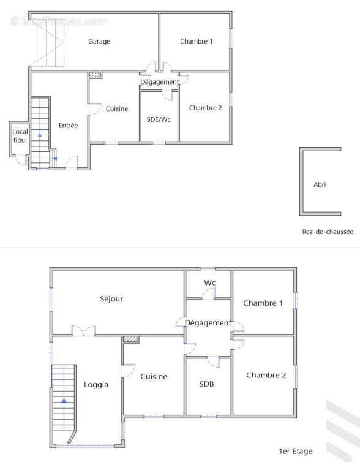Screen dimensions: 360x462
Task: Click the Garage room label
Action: (x=99, y=41)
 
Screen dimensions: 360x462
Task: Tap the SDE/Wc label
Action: (x=159, y=119)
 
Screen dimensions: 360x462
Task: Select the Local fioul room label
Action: (x=20, y=136)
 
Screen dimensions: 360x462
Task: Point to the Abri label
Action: (x=320, y=184)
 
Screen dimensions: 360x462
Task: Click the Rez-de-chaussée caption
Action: (x=328, y=232)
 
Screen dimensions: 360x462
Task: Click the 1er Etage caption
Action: (x=296, y=451)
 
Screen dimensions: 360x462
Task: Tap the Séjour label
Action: (x=111, y=299)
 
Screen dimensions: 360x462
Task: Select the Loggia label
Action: (x=96, y=385)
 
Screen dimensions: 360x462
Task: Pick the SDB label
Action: (x=206, y=384)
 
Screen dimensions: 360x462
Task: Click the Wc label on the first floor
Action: (x=209, y=282)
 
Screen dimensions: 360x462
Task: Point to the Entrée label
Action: (x=68, y=126)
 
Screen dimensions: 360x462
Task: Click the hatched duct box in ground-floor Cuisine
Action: (x=95, y=75)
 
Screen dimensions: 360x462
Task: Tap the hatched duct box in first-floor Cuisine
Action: (x=130, y=339)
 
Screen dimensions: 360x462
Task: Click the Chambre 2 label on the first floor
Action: (x=266, y=375)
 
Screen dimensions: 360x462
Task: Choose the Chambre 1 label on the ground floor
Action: (x=197, y=41)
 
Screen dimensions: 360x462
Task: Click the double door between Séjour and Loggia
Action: (x=84, y=331)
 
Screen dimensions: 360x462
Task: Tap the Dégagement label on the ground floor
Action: (x=159, y=82)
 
